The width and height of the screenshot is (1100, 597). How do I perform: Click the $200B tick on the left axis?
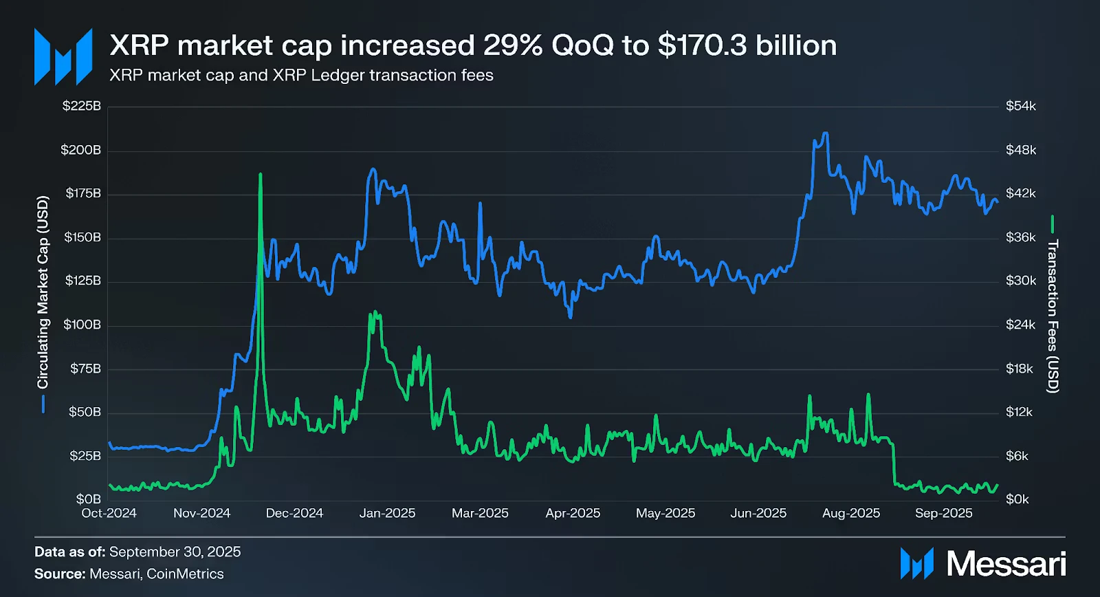80,150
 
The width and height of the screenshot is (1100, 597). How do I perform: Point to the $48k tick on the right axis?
1020,150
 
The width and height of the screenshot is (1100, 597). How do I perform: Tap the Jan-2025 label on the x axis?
387,513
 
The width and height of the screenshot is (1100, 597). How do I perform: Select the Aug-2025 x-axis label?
850,513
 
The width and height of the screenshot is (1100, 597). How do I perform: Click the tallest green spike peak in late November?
260,175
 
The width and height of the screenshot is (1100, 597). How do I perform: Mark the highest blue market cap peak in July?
825,133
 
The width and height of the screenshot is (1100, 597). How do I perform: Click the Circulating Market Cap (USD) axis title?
43,292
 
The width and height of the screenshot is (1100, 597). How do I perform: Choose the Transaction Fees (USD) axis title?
1053,316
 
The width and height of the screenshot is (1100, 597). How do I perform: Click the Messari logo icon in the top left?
63,56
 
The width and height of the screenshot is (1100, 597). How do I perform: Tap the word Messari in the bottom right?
1006,564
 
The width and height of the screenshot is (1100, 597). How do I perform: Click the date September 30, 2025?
175,552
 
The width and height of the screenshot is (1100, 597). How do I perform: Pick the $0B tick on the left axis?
88,499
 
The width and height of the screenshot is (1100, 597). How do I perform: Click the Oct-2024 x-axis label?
109,513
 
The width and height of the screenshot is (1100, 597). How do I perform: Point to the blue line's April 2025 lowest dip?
570,317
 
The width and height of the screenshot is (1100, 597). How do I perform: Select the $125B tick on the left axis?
82,281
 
